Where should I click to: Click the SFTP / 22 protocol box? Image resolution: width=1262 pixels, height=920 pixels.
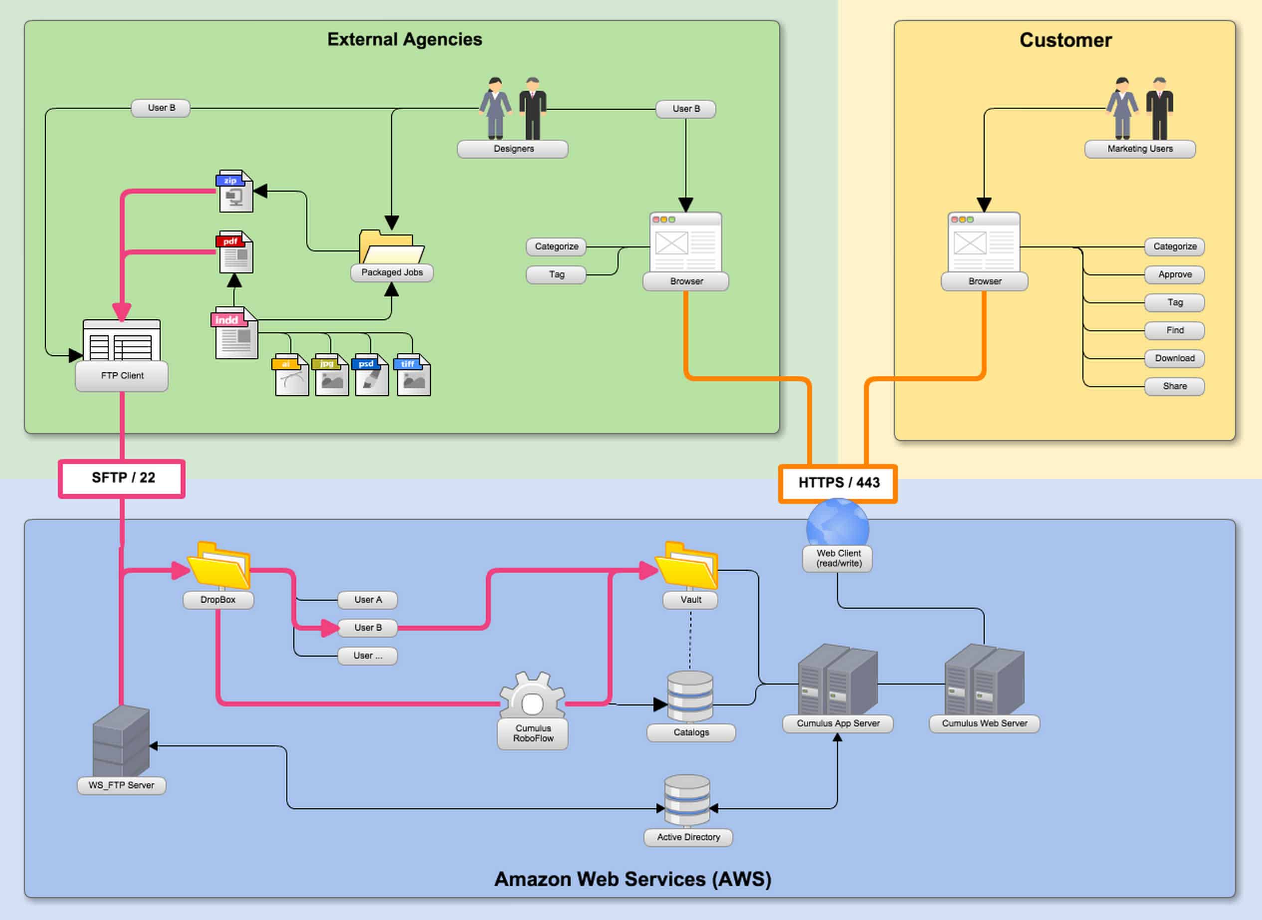coord(121,478)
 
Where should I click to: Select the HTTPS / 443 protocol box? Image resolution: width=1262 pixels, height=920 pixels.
coord(838,483)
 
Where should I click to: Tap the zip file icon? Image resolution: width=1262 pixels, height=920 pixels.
coord(235,191)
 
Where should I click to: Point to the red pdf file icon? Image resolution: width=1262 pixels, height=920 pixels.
coord(235,252)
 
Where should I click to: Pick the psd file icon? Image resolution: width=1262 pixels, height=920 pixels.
coord(371,375)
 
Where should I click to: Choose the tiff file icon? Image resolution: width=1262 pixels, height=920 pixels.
coord(413,375)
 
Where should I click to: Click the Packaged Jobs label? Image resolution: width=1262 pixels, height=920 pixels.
coord(392,272)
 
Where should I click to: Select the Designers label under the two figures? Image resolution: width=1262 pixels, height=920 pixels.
coord(513,149)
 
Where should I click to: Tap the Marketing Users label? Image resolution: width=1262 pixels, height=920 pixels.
coord(1139,149)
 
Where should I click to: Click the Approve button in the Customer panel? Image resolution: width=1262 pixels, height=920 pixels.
coord(1175,274)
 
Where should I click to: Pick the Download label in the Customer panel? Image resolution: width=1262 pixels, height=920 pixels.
coord(1175,358)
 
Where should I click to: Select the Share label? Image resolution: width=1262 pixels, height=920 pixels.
coord(1175,386)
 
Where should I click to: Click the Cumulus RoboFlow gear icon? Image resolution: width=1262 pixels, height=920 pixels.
coord(532,696)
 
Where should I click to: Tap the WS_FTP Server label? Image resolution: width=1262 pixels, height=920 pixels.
coord(121,785)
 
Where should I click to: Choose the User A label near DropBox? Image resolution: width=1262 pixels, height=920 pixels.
coord(368,600)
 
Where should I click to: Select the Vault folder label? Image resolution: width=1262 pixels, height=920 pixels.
coord(690,600)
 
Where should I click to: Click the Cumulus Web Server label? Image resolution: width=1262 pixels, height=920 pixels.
coord(984,723)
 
